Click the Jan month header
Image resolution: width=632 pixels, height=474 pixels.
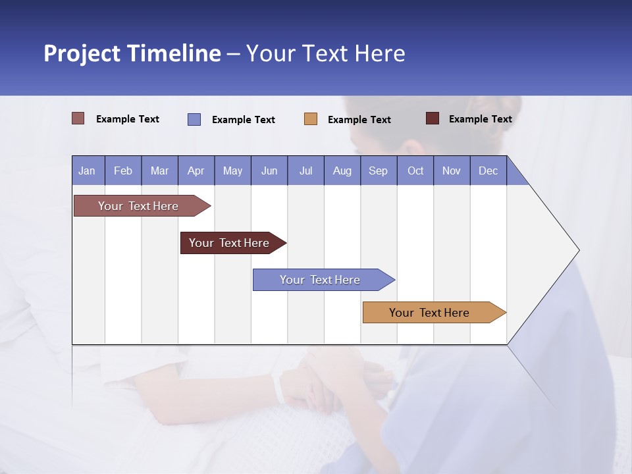87,171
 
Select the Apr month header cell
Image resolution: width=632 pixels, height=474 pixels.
196,171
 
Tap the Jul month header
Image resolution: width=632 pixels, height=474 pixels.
305,171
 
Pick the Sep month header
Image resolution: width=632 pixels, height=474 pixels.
378,171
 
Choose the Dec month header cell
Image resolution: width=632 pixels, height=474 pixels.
488,171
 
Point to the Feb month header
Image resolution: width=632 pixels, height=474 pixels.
123,171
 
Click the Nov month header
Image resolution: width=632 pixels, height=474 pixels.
451,171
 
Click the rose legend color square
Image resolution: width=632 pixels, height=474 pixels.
78,118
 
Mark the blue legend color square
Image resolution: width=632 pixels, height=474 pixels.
194,119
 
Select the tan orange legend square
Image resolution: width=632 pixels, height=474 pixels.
311,119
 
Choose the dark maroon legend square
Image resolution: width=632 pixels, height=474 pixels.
433,118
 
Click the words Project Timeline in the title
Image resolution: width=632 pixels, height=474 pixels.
132,53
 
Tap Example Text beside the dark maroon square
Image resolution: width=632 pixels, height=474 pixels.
480,119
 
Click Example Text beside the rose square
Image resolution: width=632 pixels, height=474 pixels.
128,119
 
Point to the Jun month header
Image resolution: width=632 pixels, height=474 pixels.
269,171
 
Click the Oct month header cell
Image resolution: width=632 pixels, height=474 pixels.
415,171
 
